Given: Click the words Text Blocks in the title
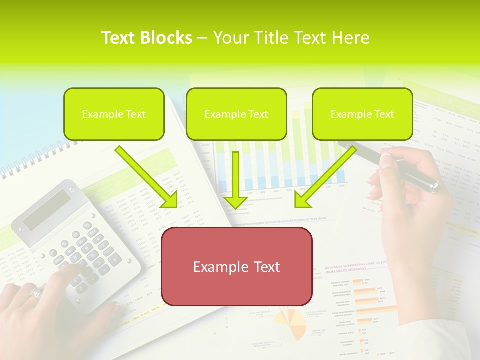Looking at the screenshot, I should (146, 38).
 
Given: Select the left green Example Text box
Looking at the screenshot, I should (114, 114).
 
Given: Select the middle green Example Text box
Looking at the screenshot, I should (236, 114).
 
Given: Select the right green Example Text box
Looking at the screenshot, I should (362, 114).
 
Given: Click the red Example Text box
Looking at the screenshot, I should (236, 266).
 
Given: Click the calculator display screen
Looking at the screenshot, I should (47, 209).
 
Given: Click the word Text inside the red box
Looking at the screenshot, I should (263, 266).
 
